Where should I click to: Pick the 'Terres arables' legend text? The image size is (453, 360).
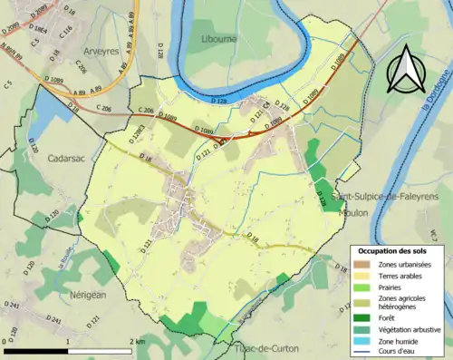[402, 275]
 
